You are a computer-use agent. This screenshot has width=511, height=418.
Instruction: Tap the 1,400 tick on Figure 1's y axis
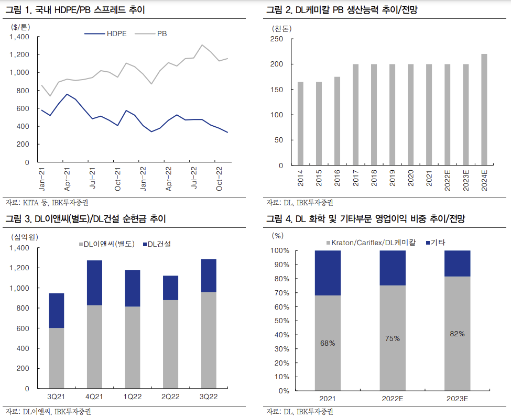click(19, 37)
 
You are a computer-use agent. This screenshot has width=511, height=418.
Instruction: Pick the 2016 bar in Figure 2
click(337, 121)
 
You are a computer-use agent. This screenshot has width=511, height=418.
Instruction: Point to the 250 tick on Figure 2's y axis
click(276, 39)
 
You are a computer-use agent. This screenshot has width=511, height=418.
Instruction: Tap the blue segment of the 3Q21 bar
click(56, 311)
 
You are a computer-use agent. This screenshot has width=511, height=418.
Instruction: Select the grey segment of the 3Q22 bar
click(209, 340)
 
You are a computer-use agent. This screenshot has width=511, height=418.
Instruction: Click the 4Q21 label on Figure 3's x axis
click(94, 397)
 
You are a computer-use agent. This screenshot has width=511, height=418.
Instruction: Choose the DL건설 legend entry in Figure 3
click(159, 244)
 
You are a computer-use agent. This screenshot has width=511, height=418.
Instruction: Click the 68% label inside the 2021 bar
click(328, 343)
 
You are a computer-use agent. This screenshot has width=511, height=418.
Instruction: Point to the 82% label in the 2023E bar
click(457, 334)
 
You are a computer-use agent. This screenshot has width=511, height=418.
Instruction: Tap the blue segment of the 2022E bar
click(393, 268)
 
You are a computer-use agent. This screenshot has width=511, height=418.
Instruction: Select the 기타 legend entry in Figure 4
click(438, 243)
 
